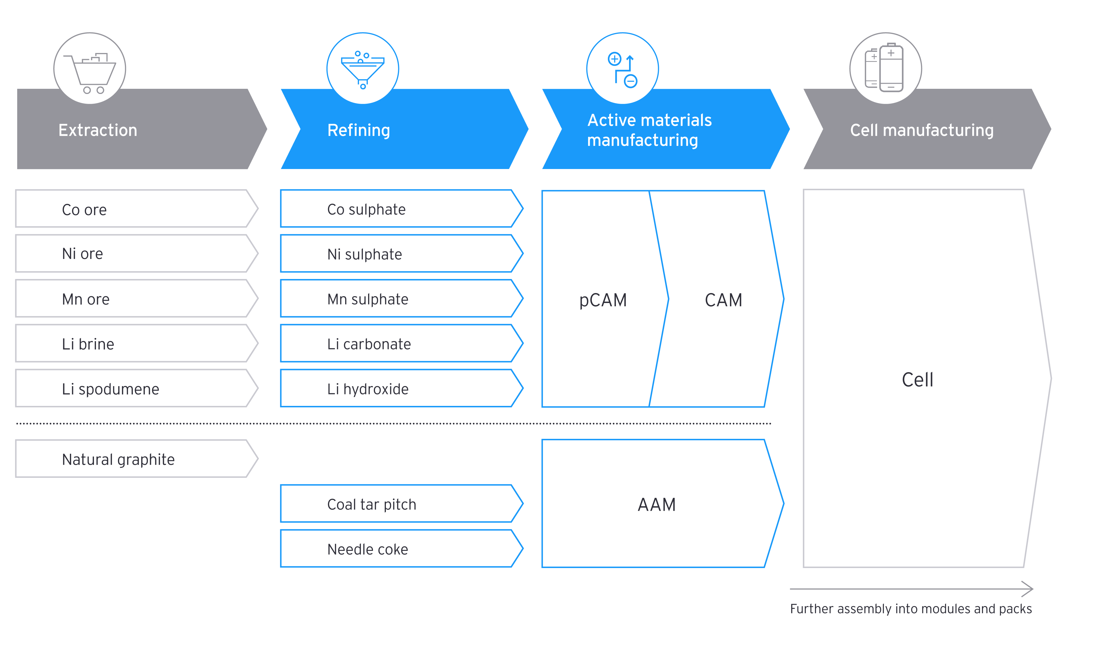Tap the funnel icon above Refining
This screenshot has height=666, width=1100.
pyautogui.click(x=362, y=69)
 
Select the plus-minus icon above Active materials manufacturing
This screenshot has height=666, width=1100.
pyautogui.click(x=622, y=69)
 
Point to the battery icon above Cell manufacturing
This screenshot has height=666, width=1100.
pyautogui.click(x=885, y=69)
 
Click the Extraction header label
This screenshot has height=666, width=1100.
pyautogui.click(x=98, y=130)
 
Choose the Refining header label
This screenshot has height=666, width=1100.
pyautogui.click(x=358, y=130)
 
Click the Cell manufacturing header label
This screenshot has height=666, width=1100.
pyautogui.click(x=922, y=130)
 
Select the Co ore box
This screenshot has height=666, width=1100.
pyautogui.click(x=134, y=209)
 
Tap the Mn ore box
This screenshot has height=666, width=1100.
pyautogui.click(x=134, y=299)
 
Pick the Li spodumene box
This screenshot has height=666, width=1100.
pyautogui.click(x=134, y=388)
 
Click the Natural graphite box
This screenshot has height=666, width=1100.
pyautogui.click(x=134, y=459)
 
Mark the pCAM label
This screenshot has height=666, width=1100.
pyautogui.click(x=603, y=300)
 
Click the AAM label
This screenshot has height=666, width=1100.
pyautogui.click(x=656, y=505)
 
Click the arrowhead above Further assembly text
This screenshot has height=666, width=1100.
pyautogui.click(x=1028, y=589)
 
